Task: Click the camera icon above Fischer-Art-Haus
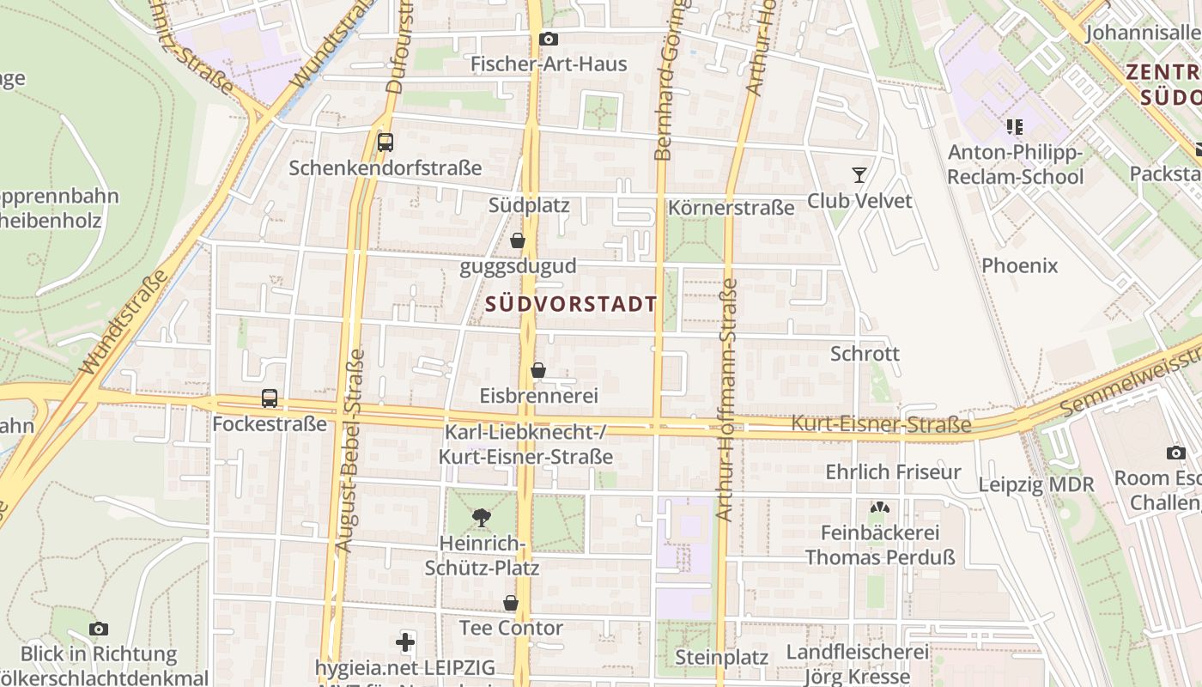tap(548, 39)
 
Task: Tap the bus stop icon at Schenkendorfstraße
tap(385, 142)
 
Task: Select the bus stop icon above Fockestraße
tap(270, 398)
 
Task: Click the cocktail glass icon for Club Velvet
tap(859, 175)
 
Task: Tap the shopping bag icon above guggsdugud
tap(518, 241)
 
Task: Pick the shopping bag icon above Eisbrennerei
tap(538, 370)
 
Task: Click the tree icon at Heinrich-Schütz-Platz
tap(482, 517)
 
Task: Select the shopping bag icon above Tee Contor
tap(511, 603)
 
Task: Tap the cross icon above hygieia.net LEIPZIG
tap(405, 641)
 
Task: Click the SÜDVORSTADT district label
tap(571, 304)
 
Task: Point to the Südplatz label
tap(529, 206)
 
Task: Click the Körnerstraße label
tap(731, 208)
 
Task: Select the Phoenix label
tap(1019, 265)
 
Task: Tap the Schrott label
tap(865, 354)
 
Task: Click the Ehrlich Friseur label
tap(893, 471)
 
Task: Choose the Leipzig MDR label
tap(1036, 484)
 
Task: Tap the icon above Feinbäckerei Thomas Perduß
tap(879, 508)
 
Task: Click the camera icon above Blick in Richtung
tap(99, 629)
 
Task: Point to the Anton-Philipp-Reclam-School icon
tap(1015, 127)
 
